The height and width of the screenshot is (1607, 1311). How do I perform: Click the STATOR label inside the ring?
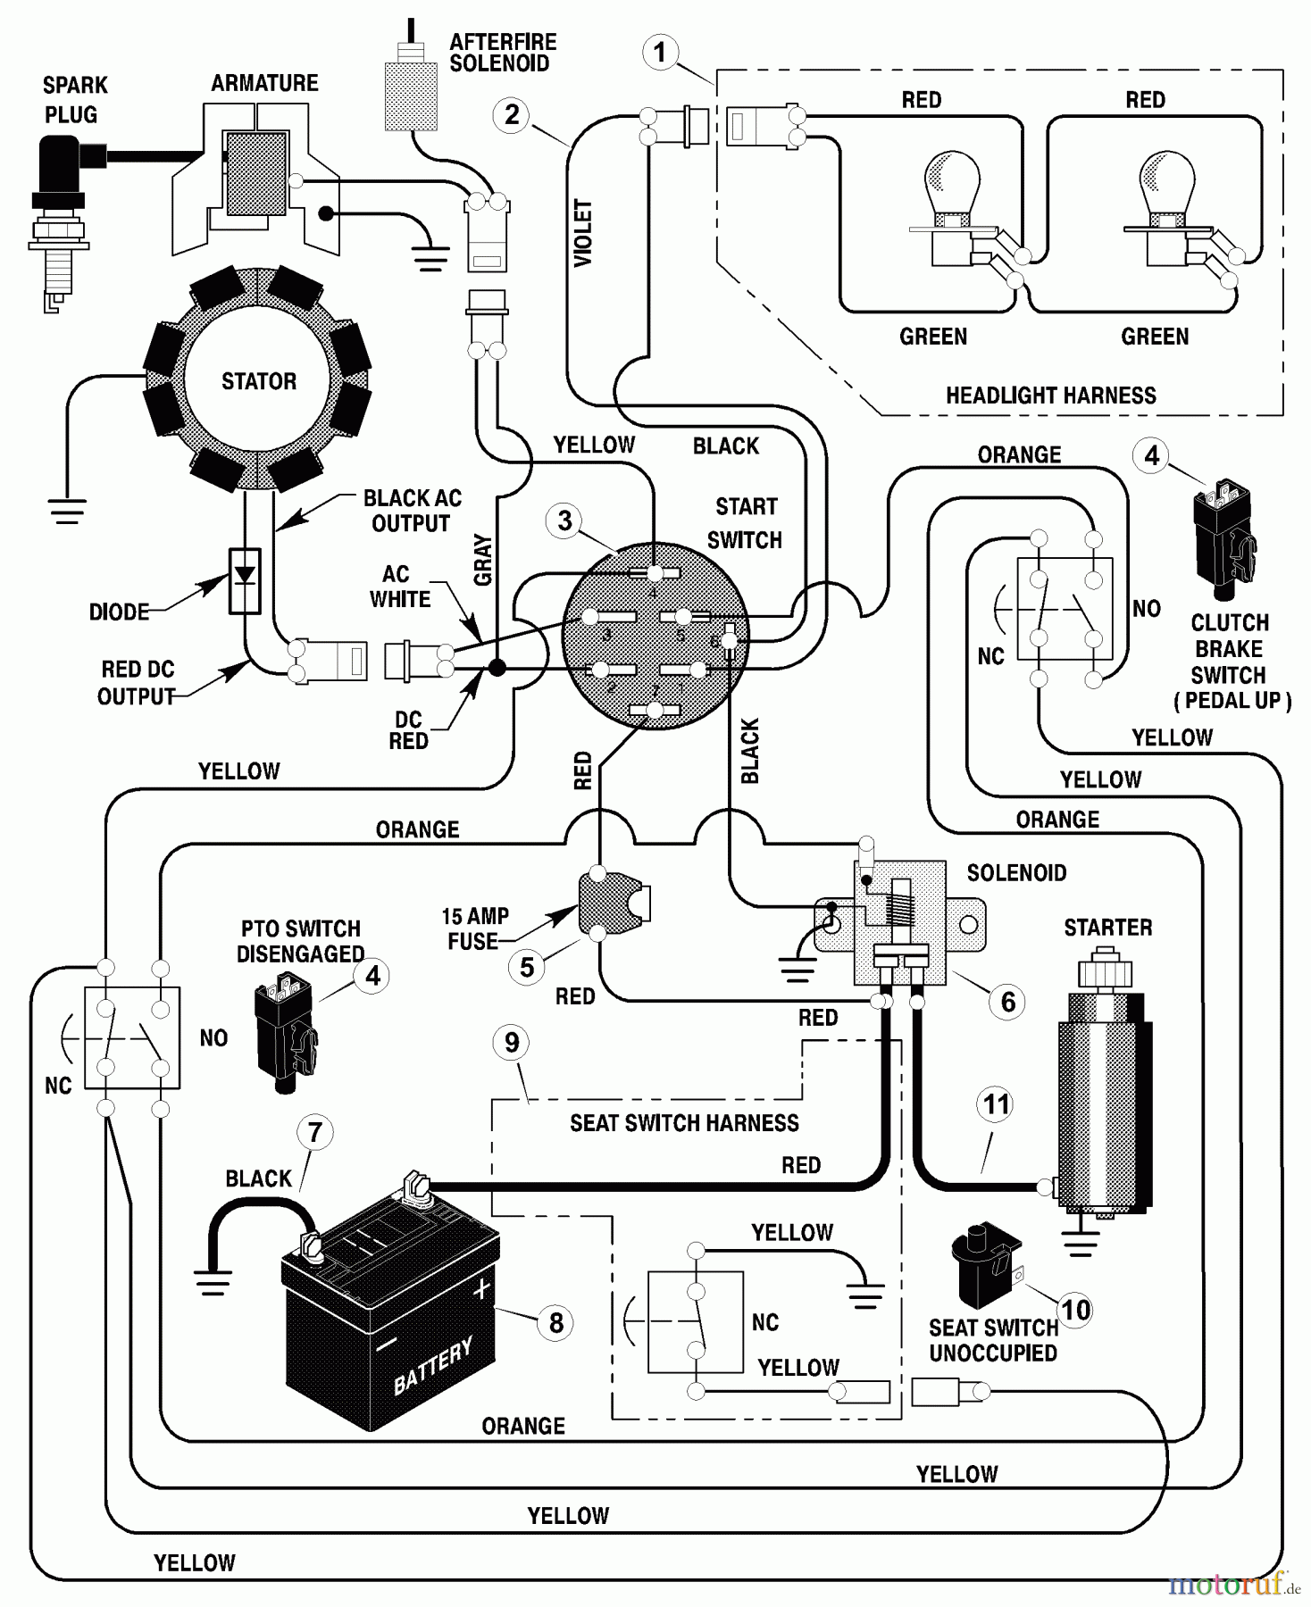[259, 381]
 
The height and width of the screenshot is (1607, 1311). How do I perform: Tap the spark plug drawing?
[61, 219]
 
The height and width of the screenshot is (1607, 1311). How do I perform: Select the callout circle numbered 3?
[564, 520]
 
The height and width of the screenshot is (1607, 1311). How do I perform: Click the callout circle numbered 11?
[996, 1105]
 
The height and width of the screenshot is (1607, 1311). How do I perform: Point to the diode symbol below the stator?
[245, 579]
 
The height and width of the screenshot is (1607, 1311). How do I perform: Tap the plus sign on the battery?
[482, 1289]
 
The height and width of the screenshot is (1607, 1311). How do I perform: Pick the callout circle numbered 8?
[555, 1322]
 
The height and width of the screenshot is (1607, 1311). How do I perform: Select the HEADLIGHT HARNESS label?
[1050, 396]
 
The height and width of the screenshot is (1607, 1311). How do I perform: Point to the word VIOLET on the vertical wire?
[582, 233]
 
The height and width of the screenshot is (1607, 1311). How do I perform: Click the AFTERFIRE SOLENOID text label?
[502, 53]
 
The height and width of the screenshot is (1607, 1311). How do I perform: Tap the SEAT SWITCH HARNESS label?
[684, 1123]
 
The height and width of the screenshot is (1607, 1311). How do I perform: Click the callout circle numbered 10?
[1075, 1310]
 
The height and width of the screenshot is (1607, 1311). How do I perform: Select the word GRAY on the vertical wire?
[483, 560]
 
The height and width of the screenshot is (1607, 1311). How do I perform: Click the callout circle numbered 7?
[314, 1133]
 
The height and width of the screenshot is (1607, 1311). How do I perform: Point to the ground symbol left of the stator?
[67, 511]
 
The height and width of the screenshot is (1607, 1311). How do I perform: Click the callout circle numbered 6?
[1007, 1002]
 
